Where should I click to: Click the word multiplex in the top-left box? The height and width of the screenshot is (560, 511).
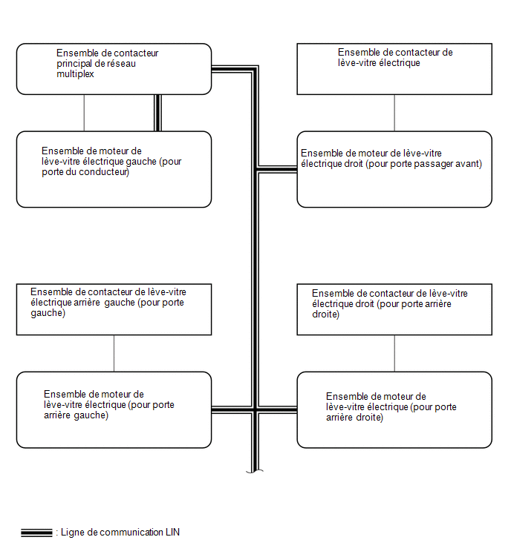pos(75,74)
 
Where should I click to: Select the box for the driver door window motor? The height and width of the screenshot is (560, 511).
pos(114,169)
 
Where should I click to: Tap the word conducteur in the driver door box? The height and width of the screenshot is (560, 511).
pos(104,172)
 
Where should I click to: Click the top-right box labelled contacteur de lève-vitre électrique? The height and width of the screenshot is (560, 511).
pos(394,69)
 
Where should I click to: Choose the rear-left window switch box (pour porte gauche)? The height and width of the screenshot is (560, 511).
pos(114,309)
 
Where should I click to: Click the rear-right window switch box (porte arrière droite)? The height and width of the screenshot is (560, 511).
pos(394,309)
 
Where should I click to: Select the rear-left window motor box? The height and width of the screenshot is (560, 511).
pos(114,409)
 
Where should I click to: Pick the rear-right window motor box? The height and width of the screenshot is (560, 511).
pos(394,409)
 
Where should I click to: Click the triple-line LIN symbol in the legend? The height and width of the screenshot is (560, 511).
pos(36,533)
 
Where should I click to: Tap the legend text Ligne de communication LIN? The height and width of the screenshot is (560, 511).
pos(120,532)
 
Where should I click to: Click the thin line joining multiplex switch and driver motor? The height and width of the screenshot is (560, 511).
pos(84,113)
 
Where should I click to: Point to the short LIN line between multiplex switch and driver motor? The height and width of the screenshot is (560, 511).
pos(157,113)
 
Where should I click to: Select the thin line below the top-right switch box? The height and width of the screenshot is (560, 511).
pos(394,113)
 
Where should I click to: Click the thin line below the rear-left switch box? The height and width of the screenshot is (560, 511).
pos(114,353)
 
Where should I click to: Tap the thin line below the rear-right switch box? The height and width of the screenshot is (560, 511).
pos(394,353)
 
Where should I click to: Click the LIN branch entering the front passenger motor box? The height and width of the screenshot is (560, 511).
pos(278,170)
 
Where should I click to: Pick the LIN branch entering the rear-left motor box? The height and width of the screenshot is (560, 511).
pos(232,410)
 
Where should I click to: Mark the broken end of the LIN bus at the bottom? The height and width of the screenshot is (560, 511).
pos(255,471)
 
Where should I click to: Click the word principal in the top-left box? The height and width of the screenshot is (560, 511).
pos(74,64)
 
